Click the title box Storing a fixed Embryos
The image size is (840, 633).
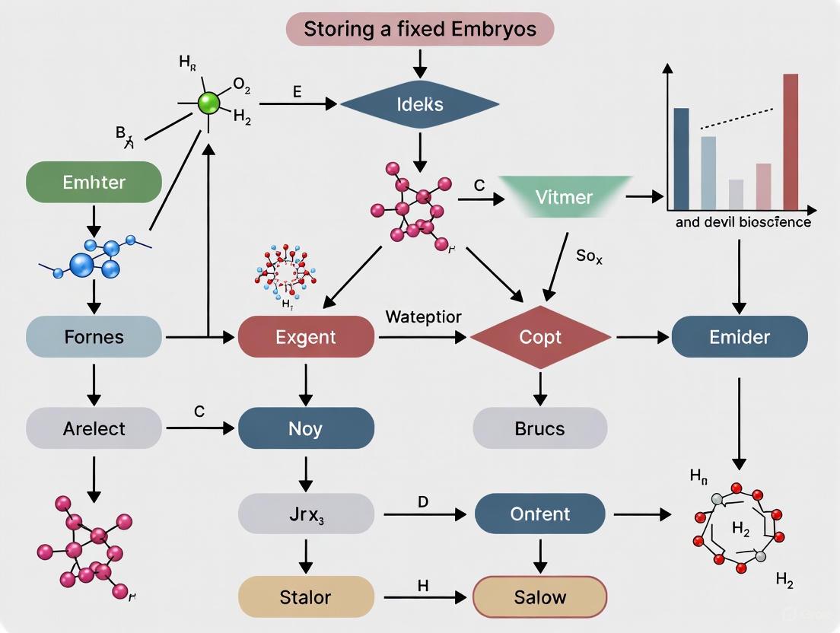click(x=420, y=30)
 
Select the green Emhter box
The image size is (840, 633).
click(x=94, y=183)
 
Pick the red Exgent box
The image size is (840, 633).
click(x=306, y=336)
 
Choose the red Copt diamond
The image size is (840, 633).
click(x=540, y=336)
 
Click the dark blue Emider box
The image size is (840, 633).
click(x=739, y=336)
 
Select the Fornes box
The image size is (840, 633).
click(x=94, y=336)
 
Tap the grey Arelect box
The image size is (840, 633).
click(x=94, y=428)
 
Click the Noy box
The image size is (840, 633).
click(x=306, y=428)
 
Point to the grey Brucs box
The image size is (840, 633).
click(x=540, y=428)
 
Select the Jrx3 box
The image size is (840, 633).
click(x=306, y=514)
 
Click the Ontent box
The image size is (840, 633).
click(x=540, y=514)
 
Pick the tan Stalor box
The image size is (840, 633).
click(x=306, y=596)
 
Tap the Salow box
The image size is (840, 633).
click(x=540, y=596)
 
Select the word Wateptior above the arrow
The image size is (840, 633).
click(x=423, y=316)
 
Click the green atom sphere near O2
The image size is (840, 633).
click(x=208, y=103)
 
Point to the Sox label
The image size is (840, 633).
click(x=589, y=256)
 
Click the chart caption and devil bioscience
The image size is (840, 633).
click(x=743, y=222)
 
